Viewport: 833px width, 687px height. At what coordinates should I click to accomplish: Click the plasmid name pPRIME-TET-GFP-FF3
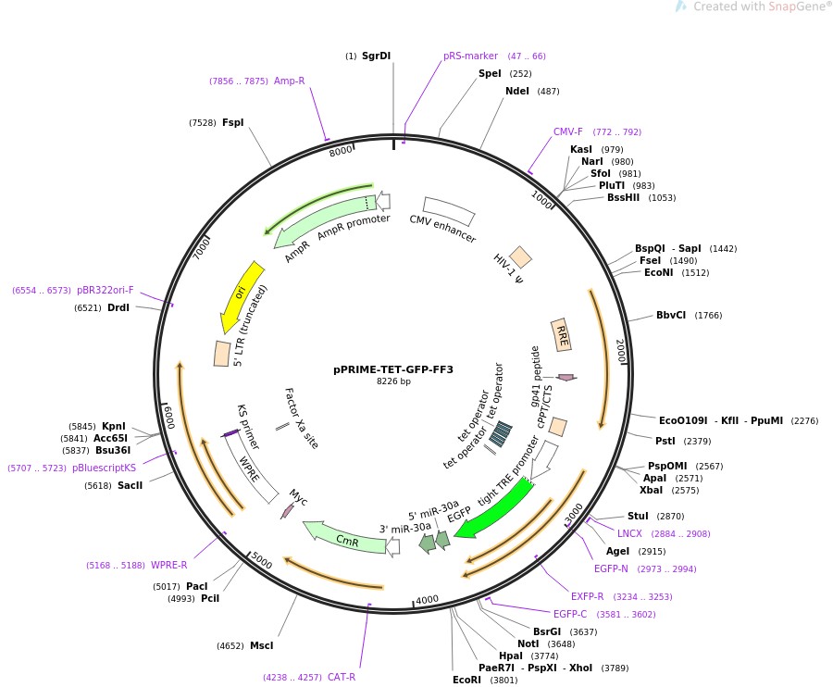(393, 368)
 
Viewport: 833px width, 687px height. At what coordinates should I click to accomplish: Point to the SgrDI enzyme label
(376, 56)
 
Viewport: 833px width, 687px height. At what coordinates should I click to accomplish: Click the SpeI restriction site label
(490, 73)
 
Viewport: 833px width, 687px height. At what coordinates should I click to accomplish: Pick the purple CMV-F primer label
(568, 131)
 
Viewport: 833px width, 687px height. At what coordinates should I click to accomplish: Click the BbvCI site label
(671, 315)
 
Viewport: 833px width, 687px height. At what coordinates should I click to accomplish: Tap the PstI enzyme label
(665, 441)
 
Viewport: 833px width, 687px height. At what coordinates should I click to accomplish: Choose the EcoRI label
(466, 680)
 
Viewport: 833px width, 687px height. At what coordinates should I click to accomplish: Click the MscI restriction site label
(261, 645)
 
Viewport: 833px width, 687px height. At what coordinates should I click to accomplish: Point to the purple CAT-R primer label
(342, 677)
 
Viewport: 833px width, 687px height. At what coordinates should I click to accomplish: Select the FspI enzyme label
(233, 122)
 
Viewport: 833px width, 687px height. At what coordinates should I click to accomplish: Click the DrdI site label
(118, 307)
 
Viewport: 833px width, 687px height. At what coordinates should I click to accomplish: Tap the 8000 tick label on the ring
(341, 151)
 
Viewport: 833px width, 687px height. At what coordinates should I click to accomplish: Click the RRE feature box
(561, 334)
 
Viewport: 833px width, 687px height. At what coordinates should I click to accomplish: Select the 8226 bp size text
(393, 381)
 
